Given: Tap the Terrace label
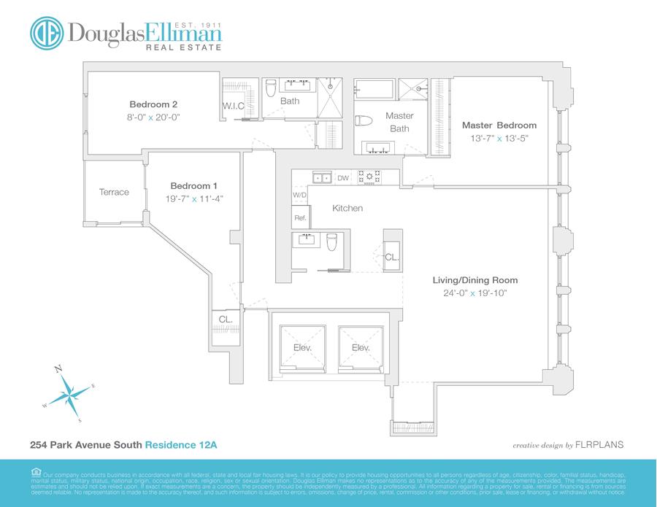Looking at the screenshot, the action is pyautogui.click(x=114, y=193).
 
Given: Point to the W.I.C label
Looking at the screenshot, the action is pyautogui.click(x=233, y=107).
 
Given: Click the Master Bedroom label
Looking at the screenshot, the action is pyautogui.click(x=499, y=125).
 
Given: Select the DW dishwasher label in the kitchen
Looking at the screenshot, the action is pyautogui.click(x=343, y=177).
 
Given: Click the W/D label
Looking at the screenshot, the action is pyautogui.click(x=299, y=196).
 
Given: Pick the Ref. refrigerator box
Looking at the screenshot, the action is pyautogui.click(x=300, y=217).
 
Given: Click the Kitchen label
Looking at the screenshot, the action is pyautogui.click(x=347, y=209).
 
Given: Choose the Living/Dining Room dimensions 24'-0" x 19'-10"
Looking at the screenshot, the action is pyautogui.click(x=474, y=293).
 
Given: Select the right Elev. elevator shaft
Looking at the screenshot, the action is pyautogui.click(x=361, y=348).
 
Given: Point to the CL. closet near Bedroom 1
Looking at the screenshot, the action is pyautogui.click(x=226, y=320).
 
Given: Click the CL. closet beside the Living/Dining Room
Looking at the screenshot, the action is pyautogui.click(x=392, y=257).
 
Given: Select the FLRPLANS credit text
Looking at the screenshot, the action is pyautogui.click(x=598, y=444).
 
